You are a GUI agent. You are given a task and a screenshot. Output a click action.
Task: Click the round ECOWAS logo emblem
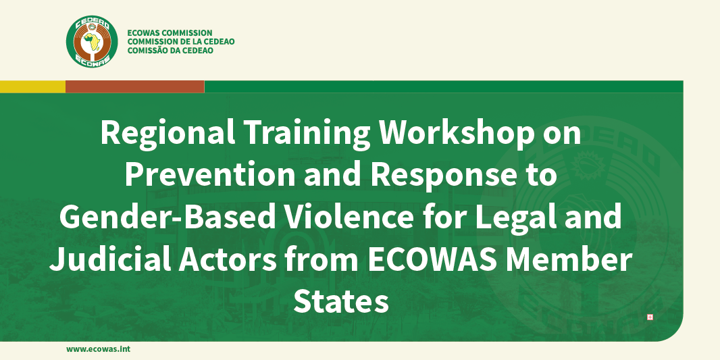point(92,42)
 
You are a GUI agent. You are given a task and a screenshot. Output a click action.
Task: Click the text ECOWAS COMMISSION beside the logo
point(170,33)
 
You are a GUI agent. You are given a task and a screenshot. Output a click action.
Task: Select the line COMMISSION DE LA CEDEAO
point(181,42)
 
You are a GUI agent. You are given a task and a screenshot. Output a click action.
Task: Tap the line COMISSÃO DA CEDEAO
point(170,51)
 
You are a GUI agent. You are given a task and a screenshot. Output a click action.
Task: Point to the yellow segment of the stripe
point(32,86)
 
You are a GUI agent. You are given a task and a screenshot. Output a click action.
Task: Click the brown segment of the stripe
point(135,86)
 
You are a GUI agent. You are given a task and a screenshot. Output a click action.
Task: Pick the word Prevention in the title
point(209,176)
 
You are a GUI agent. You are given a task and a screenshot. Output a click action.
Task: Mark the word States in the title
point(340,301)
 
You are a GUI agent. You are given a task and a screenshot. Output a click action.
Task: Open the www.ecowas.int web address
point(98,349)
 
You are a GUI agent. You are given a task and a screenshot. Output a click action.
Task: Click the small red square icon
point(650,317)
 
